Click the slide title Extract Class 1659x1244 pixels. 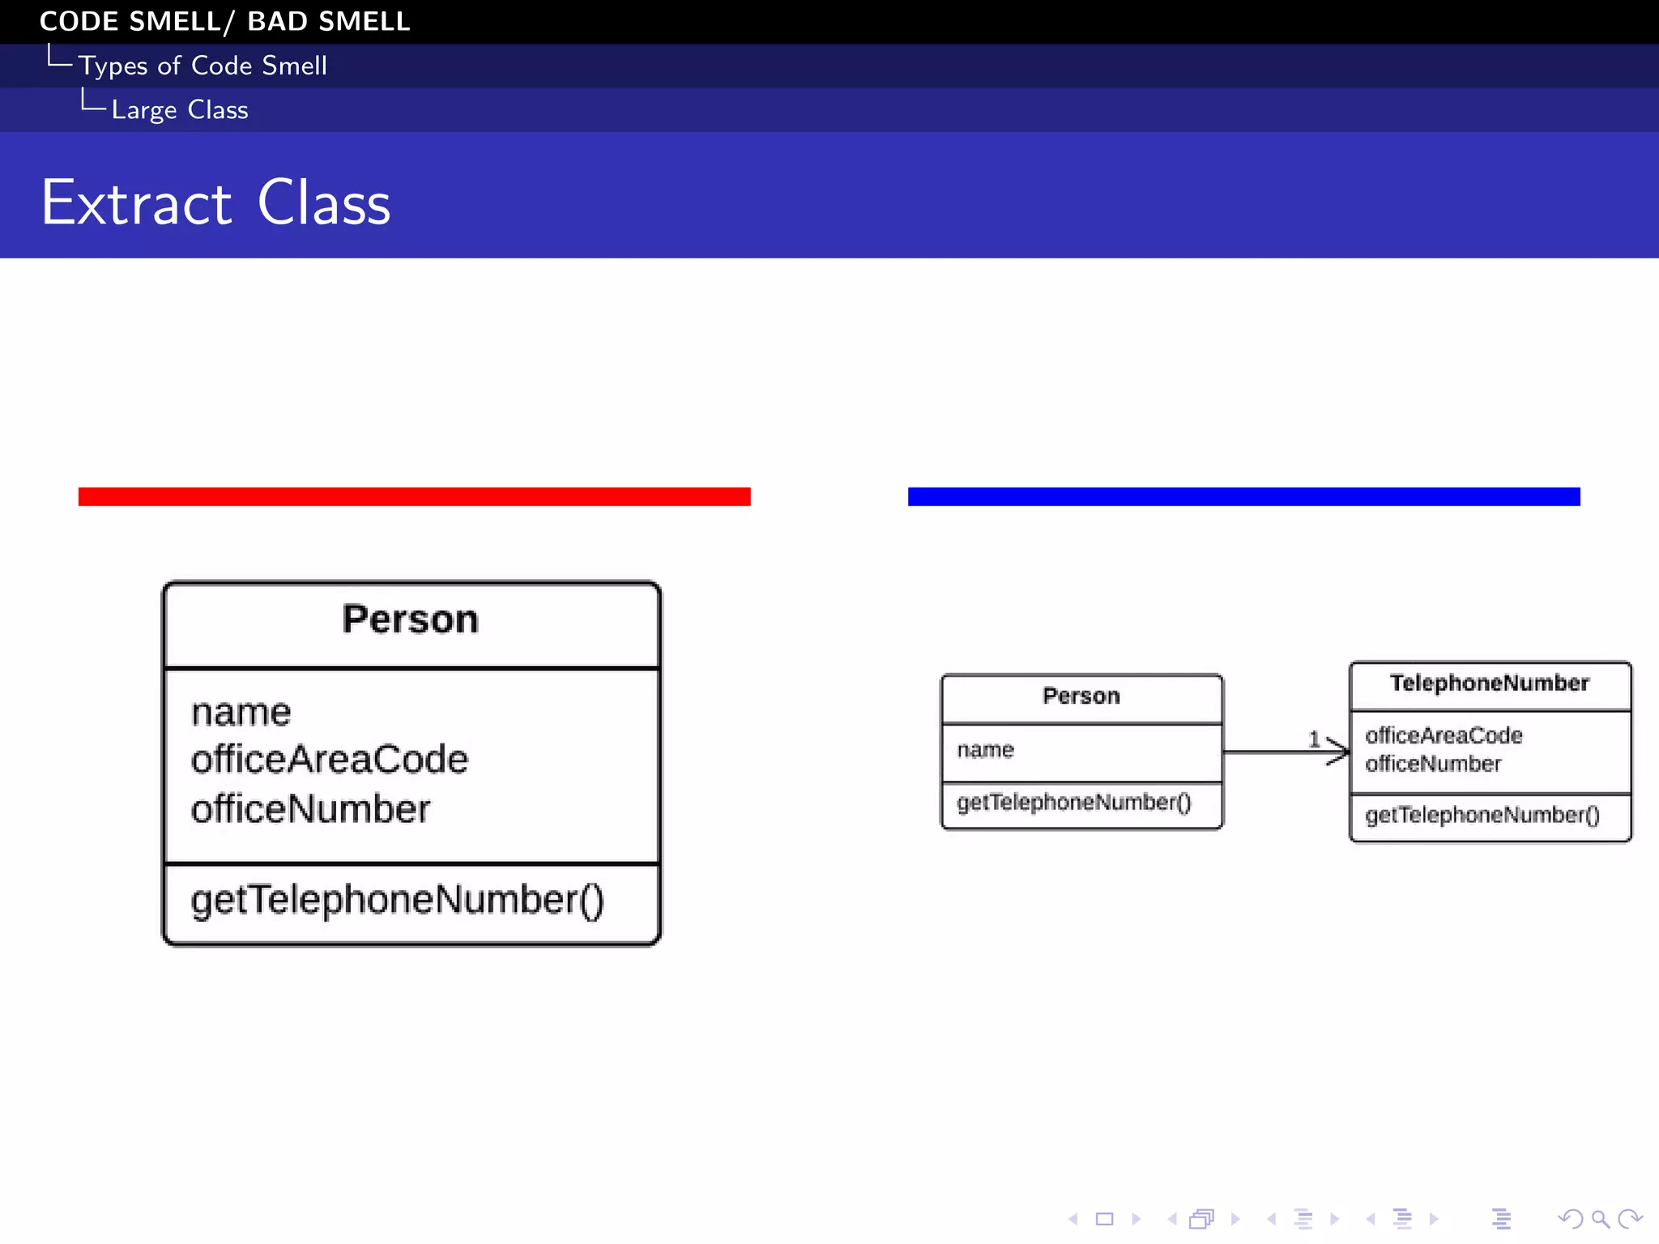(215, 202)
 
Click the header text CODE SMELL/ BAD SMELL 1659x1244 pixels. (224, 21)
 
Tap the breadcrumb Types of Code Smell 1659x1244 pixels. (203, 66)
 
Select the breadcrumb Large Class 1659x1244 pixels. (179, 110)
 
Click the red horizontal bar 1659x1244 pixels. (414, 496)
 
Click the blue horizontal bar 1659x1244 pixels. (1243, 496)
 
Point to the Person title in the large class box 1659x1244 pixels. (411, 620)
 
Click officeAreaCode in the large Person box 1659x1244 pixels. (329, 760)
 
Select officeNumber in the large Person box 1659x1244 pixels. (310, 809)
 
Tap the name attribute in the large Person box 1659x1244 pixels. (241, 713)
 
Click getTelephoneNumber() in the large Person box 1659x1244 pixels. (397, 900)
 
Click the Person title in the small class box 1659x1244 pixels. (1081, 697)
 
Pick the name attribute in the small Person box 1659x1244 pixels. (985, 750)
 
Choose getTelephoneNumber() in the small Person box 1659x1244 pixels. (1073, 803)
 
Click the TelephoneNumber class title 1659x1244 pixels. (1489, 684)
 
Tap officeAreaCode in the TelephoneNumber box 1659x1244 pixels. (1444, 735)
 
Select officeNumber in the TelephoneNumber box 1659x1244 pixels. (1432, 764)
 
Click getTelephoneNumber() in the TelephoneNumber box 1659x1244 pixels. (1482, 815)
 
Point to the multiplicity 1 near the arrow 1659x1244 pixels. (1314, 739)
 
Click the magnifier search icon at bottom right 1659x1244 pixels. (1599, 1219)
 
